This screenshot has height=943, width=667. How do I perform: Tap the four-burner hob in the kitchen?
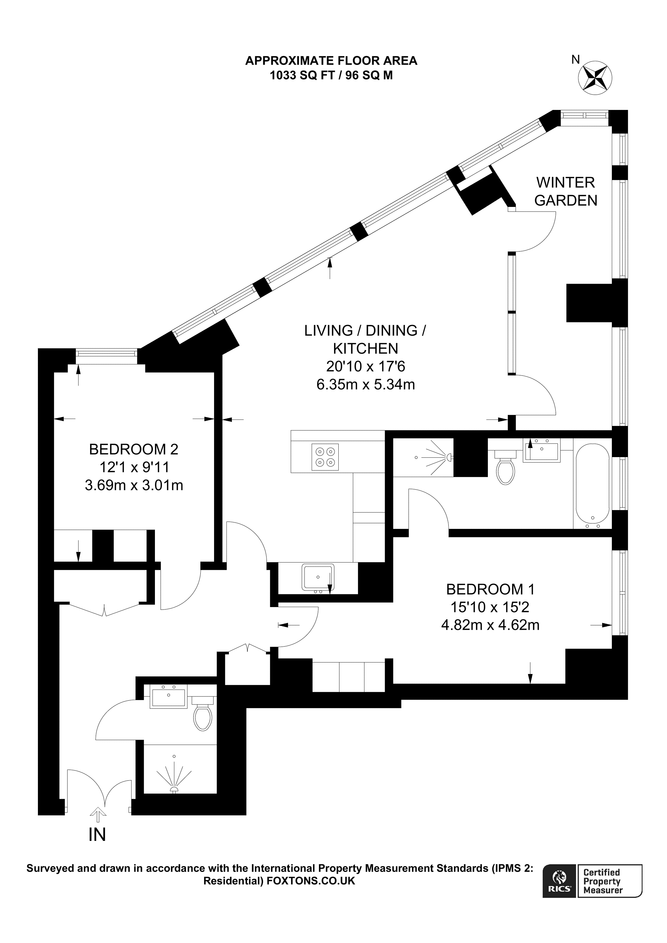[325, 457]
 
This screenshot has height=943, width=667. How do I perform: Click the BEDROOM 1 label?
[490, 589]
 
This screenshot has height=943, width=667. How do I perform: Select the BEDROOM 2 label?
[134, 449]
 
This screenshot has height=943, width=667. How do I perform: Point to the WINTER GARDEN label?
[565, 191]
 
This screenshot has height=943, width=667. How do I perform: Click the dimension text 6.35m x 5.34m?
[366, 384]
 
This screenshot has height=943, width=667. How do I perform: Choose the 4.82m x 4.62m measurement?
[490, 625]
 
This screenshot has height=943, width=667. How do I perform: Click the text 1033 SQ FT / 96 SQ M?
[331, 75]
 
